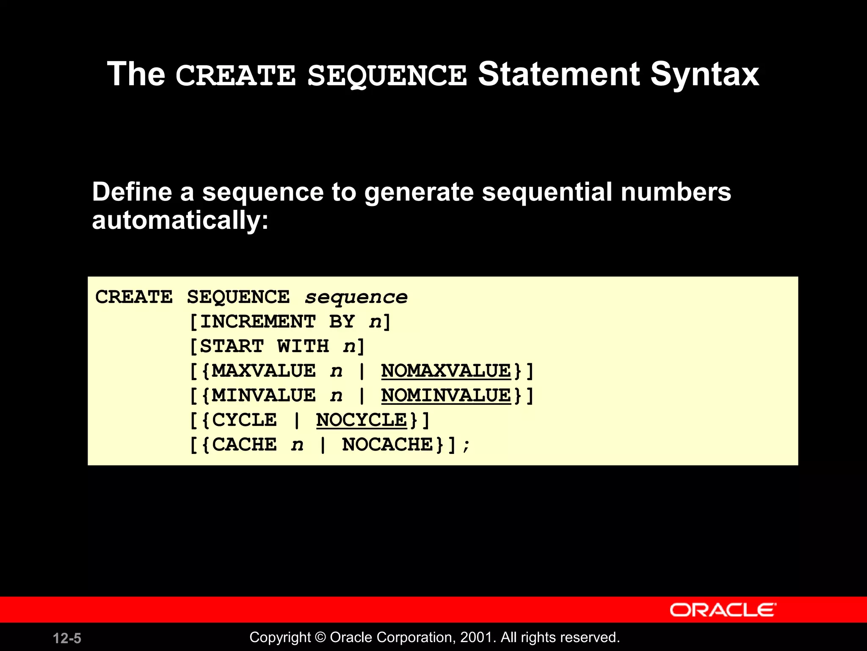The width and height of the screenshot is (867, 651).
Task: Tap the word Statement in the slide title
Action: click(x=559, y=75)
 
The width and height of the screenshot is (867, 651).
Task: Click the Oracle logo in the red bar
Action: click(x=723, y=610)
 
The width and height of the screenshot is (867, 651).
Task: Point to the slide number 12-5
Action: click(x=67, y=638)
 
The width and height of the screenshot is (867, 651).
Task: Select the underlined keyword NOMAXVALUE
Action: click(x=446, y=371)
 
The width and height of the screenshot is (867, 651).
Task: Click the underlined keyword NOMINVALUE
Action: click(x=446, y=395)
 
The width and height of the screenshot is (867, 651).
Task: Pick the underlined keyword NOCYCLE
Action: click(x=361, y=420)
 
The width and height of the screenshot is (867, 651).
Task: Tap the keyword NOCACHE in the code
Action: click(x=387, y=445)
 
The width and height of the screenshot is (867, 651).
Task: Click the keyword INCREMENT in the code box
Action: click(x=258, y=322)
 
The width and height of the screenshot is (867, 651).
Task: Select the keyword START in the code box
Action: click(x=232, y=346)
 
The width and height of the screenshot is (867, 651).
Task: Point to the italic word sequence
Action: click(x=356, y=297)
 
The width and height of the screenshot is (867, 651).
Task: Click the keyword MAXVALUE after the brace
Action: click(x=263, y=371)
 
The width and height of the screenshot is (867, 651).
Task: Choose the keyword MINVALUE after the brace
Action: click(x=263, y=395)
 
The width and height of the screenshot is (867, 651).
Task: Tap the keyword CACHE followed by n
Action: click(x=244, y=445)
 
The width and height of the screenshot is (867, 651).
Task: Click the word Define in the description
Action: click(x=132, y=192)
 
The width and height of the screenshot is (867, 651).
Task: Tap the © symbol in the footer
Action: click(x=320, y=637)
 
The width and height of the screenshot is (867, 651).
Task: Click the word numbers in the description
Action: click(x=676, y=192)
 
